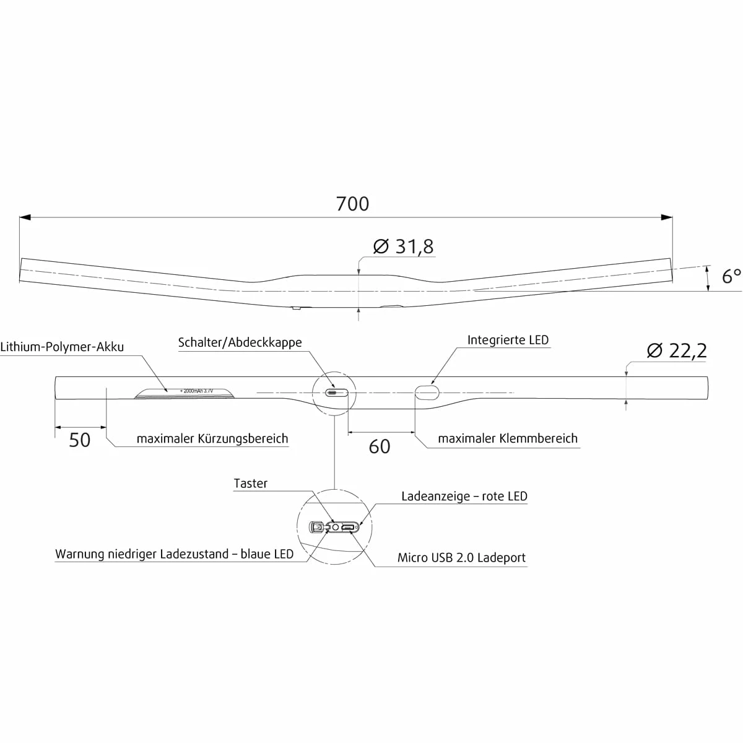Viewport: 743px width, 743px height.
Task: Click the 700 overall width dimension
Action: click(x=352, y=204)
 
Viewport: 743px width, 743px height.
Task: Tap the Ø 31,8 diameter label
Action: click(x=403, y=246)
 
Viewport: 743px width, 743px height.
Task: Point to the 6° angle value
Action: click(x=731, y=276)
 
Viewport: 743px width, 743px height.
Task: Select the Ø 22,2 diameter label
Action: click(x=676, y=350)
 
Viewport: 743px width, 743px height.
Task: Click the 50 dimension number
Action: click(x=80, y=440)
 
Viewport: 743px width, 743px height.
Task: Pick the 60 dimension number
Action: click(x=380, y=446)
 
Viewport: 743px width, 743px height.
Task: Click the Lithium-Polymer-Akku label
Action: click(x=62, y=347)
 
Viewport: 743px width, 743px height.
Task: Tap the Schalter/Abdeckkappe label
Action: click(x=240, y=342)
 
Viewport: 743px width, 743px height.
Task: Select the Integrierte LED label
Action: click(x=508, y=340)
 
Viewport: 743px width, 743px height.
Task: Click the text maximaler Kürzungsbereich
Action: click(x=212, y=439)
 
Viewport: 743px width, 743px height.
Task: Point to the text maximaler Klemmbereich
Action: click(x=508, y=438)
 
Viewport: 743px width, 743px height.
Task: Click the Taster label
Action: click(x=251, y=484)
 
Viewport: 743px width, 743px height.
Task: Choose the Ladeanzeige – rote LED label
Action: click(x=464, y=496)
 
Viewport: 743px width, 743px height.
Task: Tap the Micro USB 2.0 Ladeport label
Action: click(x=461, y=557)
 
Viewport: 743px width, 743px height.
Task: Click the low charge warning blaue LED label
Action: click(x=175, y=554)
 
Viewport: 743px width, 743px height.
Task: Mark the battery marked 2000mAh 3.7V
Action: click(x=185, y=393)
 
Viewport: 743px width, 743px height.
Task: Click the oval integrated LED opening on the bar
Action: click(x=427, y=392)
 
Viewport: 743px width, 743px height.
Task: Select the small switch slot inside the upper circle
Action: click(x=334, y=392)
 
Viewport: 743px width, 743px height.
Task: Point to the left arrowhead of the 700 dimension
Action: click(x=25, y=217)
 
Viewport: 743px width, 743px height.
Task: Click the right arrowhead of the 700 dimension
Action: click(x=667, y=217)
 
